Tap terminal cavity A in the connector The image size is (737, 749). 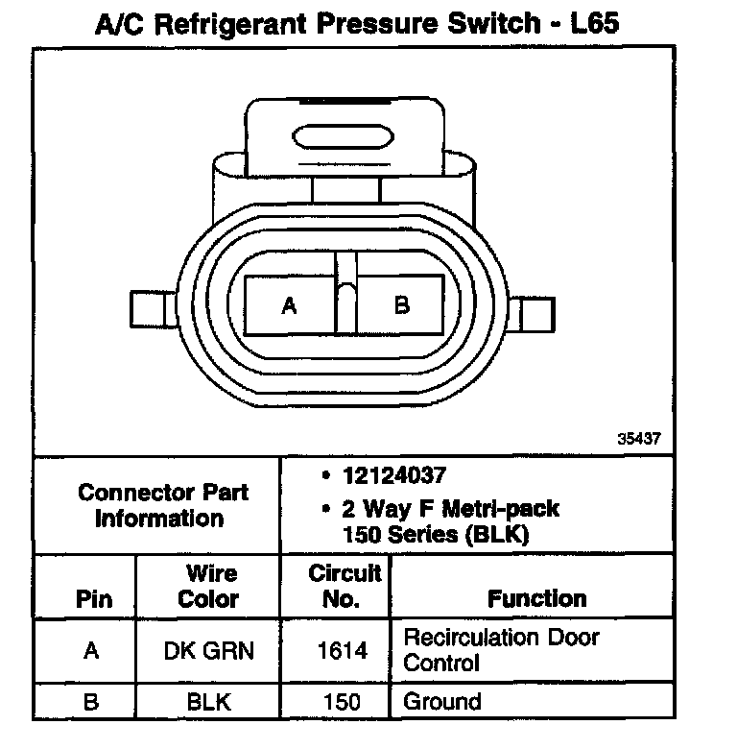tap(289, 306)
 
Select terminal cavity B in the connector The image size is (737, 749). tap(402, 306)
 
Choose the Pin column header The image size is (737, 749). tap(93, 600)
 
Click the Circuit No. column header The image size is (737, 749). tap(345, 587)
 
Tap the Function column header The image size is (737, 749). tap(536, 600)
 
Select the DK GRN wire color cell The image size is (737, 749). tap(209, 650)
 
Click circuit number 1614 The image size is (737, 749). tap(343, 650)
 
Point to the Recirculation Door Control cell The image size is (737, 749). tap(500, 649)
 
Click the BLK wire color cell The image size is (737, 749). tap(209, 701)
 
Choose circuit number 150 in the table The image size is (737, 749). tap(343, 701)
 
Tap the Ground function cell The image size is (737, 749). tap(442, 701)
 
